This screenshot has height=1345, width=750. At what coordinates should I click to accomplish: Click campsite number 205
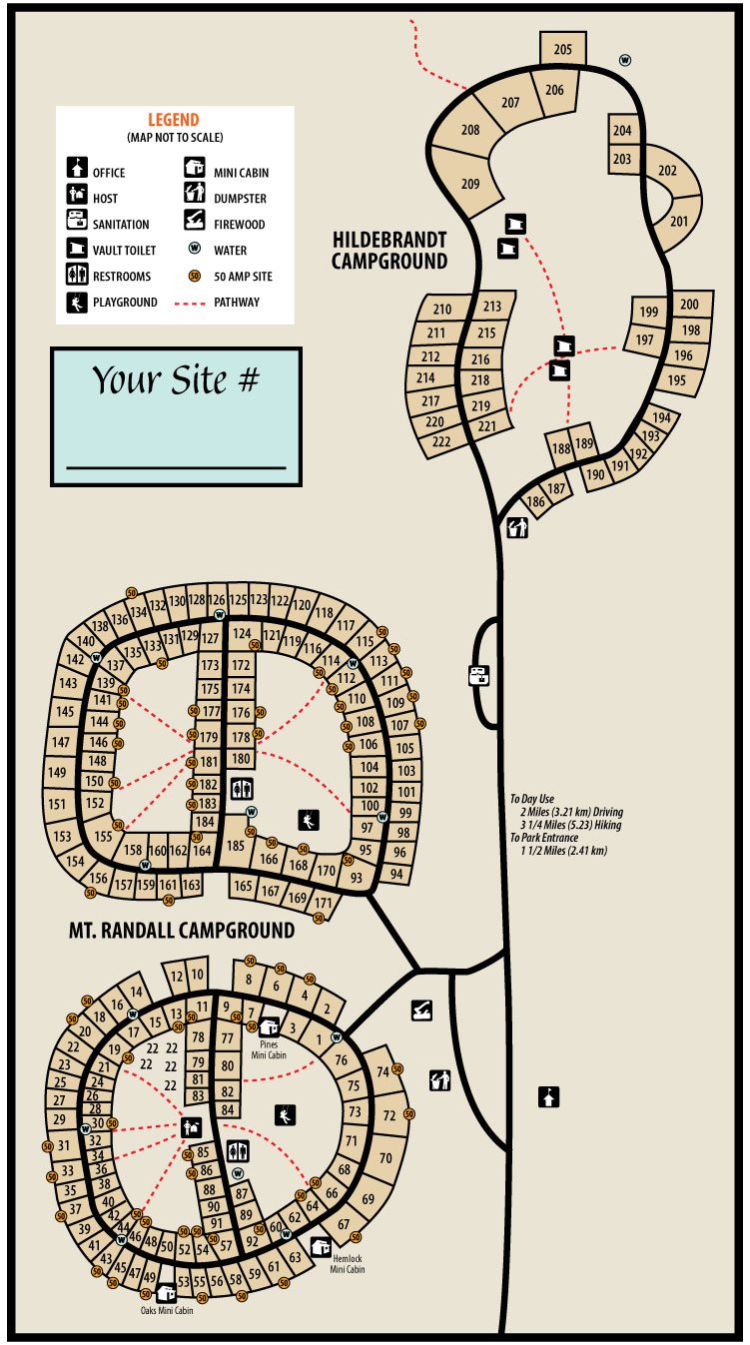(x=563, y=49)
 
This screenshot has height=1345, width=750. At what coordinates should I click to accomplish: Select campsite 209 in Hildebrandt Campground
(x=470, y=183)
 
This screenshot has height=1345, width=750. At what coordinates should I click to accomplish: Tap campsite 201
(x=679, y=221)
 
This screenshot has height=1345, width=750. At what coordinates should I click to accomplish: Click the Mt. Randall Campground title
(x=181, y=931)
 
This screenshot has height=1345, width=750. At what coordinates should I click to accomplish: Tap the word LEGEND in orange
(x=174, y=120)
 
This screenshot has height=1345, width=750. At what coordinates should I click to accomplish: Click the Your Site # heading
(x=176, y=380)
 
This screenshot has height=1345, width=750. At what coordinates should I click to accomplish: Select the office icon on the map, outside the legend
(x=547, y=1096)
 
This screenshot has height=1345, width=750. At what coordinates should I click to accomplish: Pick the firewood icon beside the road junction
(x=421, y=1010)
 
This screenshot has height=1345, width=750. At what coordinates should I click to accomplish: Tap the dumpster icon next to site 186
(x=516, y=528)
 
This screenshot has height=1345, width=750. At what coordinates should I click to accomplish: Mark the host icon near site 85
(x=191, y=1127)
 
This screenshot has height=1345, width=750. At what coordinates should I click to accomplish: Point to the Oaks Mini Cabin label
(x=167, y=1310)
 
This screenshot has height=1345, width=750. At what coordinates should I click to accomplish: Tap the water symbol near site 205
(x=626, y=60)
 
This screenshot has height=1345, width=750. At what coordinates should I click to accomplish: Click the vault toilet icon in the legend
(x=77, y=250)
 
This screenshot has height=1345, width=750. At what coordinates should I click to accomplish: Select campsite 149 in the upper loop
(x=57, y=773)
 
